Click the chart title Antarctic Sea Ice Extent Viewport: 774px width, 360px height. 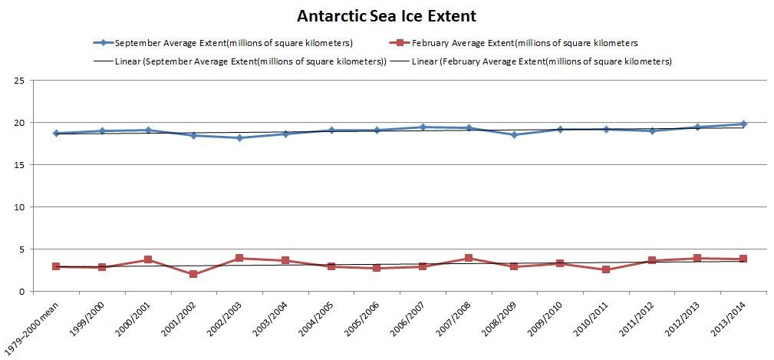(x=387, y=15)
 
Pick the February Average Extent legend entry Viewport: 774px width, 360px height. (x=521, y=43)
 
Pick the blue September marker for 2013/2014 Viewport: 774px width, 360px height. (x=743, y=124)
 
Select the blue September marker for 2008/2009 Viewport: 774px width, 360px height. (x=514, y=135)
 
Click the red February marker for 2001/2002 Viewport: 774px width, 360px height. (x=193, y=274)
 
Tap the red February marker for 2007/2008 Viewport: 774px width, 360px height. (x=468, y=258)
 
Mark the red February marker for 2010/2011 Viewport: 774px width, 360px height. (x=606, y=269)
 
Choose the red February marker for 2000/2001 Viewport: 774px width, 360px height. (x=147, y=260)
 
